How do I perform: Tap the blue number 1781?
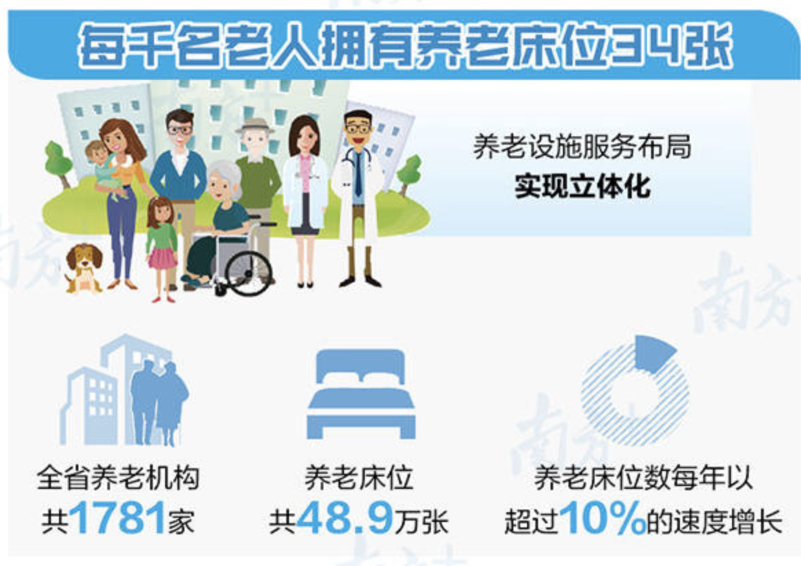coord(117,517)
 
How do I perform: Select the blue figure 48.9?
coord(345,517)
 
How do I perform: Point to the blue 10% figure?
coord(603,517)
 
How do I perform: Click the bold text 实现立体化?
coord(582,186)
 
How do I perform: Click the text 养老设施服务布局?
coord(582,147)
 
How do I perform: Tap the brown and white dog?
coord(83,269)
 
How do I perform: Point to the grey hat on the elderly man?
coord(255,126)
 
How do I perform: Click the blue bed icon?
coord(361,394)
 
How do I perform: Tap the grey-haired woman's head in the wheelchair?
coord(224,181)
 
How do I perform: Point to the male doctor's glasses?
coord(358,128)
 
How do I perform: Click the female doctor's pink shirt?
coord(305,171)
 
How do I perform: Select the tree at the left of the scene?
coord(58,164)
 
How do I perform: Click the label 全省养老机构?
coord(118,479)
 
